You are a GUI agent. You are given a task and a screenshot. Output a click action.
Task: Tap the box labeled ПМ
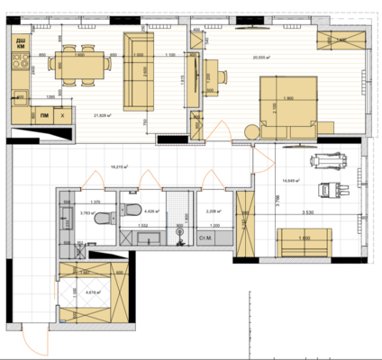(x=44, y=115)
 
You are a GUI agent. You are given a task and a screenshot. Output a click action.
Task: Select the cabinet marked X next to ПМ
(x=61, y=115)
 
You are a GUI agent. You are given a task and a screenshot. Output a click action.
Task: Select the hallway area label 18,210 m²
(x=118, y=166)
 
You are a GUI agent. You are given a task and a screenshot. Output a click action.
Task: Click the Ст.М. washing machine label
(x=207, y=238)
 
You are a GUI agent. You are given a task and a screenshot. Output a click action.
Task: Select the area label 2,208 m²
(x=214, y=211)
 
